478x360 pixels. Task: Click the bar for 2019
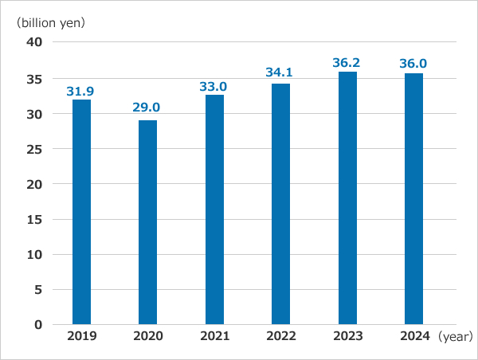click(x=81, y=212)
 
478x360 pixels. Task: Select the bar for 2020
click(x=147, y=222)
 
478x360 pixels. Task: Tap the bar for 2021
click(x=214, y=209)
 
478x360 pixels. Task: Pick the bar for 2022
click(x=280, y=204)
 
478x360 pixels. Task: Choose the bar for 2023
click(x=347, y=198)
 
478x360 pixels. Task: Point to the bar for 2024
click(x=413, y=198)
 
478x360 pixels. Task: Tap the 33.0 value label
click(x=214, y=84)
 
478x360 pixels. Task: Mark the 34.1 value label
click(x=280, y=72)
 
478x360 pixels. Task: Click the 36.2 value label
click(x=347, y=61)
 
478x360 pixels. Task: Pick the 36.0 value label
click(x=413, y=63)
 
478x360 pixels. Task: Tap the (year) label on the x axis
click(x=455, y=337)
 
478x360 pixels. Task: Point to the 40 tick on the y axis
click(x=34, y=43)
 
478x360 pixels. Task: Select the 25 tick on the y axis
click(x=34, y=149)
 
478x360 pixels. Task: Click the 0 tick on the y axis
click(x=37, y=325)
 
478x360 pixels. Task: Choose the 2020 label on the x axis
click(x=147, y=336)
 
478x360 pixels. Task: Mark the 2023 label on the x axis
click(x=347, y=336)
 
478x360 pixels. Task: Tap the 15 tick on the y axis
click(x=34, y=219)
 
